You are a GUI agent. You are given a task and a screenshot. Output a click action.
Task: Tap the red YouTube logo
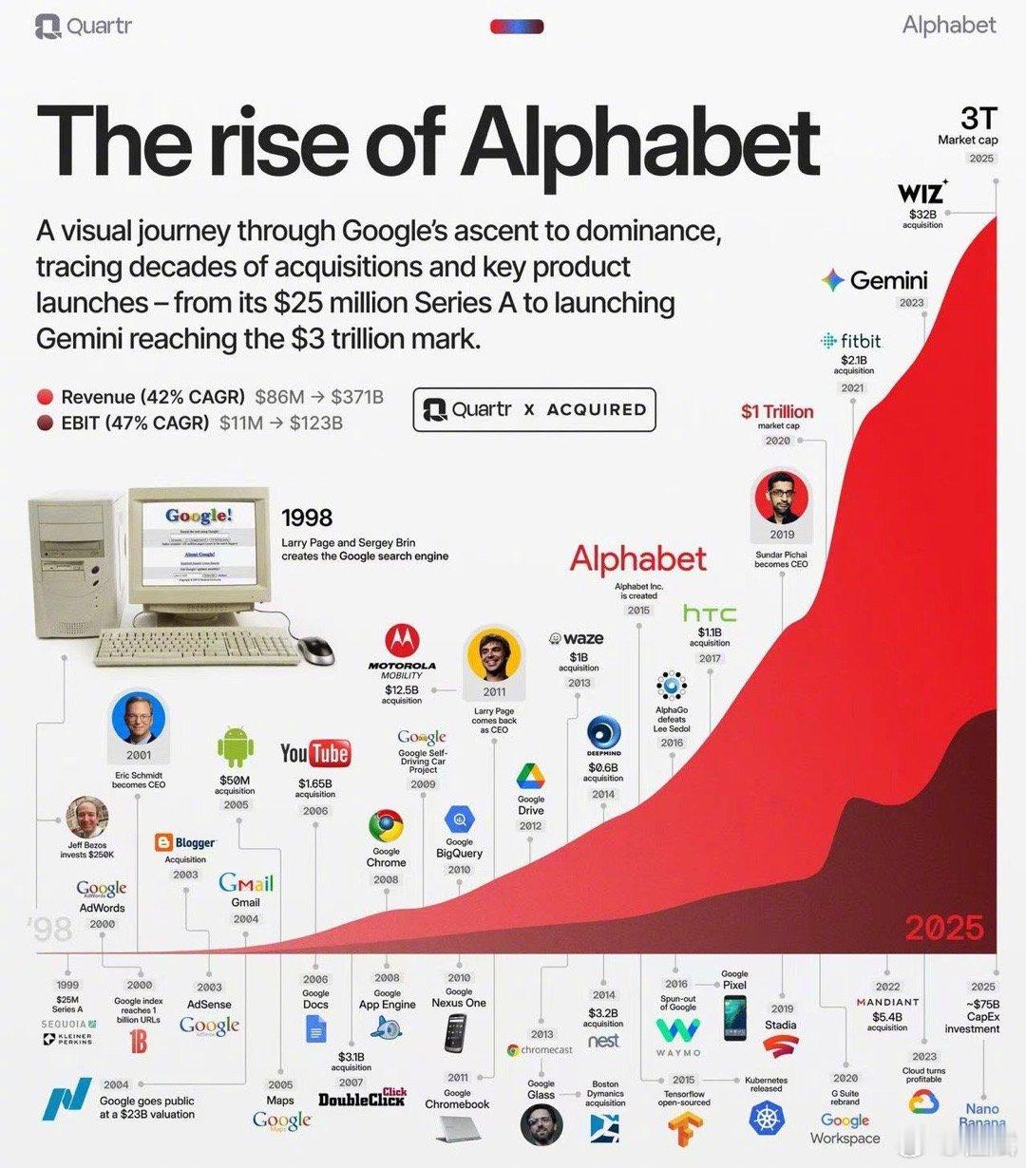coord(314,754)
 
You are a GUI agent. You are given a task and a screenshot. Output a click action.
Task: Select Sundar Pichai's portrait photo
coord(781,498)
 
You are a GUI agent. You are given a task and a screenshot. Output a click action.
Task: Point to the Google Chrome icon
coord(386,826)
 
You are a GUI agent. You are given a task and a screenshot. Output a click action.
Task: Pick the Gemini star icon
coord(833,280)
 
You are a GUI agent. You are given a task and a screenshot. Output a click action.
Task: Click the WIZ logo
coord(921,194)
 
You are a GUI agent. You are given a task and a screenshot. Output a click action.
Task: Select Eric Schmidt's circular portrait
coord(138,718)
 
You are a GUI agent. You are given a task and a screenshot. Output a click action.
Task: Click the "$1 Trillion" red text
coord(777,412)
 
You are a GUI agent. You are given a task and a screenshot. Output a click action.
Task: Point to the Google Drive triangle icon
coord(531,778)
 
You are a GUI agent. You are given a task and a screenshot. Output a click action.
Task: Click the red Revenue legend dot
coord(44,397)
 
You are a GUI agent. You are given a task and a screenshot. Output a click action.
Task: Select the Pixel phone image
coord(734,1017)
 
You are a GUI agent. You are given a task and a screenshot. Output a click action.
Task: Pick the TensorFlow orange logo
coord(683,1127)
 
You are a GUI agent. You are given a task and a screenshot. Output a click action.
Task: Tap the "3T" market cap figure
coord(978,119)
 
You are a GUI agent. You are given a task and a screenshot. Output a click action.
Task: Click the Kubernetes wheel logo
coord(766,1119)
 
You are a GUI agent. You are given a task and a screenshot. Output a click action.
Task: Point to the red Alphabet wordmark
coord(637,558)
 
